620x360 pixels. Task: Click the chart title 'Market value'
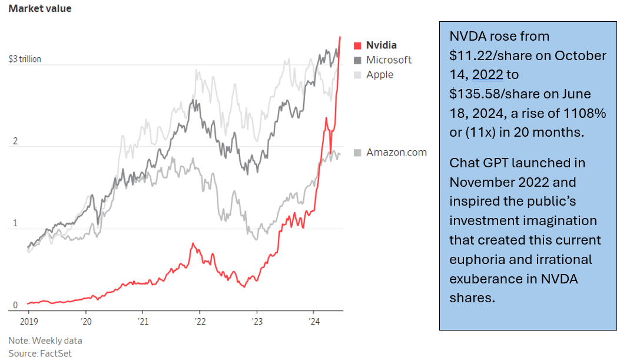pyautogui.click(x=40, y=9)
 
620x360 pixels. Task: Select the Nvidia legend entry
pyautogui.click(x=381, y=45)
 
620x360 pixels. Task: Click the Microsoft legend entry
pyautogui.click(x=389, y=60)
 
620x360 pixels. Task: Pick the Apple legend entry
pyautogui.click(x=380, y=75)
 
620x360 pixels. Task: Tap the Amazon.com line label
pyautogui.click(x=396, y=153)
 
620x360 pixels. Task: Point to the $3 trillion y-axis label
pyautogui.click(x=25, y=60)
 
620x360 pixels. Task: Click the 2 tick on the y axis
pyautogui.click(x=16, y=142)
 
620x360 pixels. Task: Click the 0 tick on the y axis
pyautogui.click(x=16, y=305)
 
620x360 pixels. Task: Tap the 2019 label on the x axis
pyautogui.click(x=29, y=322)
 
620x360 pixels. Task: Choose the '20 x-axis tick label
pyautogui.click(x=86, y=322)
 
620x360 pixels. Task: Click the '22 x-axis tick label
pyautogui.click(x=200, y=322)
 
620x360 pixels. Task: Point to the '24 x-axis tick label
pyautogui.click(x=314, y=322)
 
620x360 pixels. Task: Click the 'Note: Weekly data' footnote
pyautogui.click(x=45, y=341)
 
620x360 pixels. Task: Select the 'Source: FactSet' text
pyautogui.click(x=40, y=353)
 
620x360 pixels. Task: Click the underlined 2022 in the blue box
pyautogui.click(x=488, y=75)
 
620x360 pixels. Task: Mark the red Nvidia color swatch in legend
pyautogui.click(x=357, y=45)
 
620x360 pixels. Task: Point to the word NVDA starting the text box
pyautogui.click(x=466, y=37)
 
